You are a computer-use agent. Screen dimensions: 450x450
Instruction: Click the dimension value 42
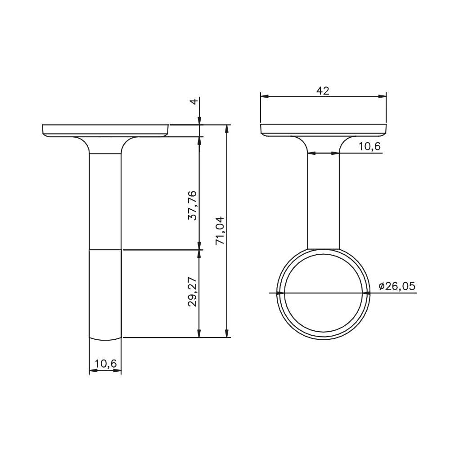point(323,91)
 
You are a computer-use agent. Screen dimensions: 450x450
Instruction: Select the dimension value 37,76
point(192,205)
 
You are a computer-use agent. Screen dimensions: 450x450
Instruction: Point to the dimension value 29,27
point(192,292)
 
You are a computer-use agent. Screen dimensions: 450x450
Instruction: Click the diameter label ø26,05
point(397,286)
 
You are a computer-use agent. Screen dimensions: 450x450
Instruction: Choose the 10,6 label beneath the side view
point(106,364)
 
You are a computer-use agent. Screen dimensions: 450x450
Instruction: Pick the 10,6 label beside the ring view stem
point(369,146)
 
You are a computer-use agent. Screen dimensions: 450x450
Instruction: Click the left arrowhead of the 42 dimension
point(264,96)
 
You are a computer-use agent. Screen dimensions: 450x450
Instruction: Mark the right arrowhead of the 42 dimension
point(382,96)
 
